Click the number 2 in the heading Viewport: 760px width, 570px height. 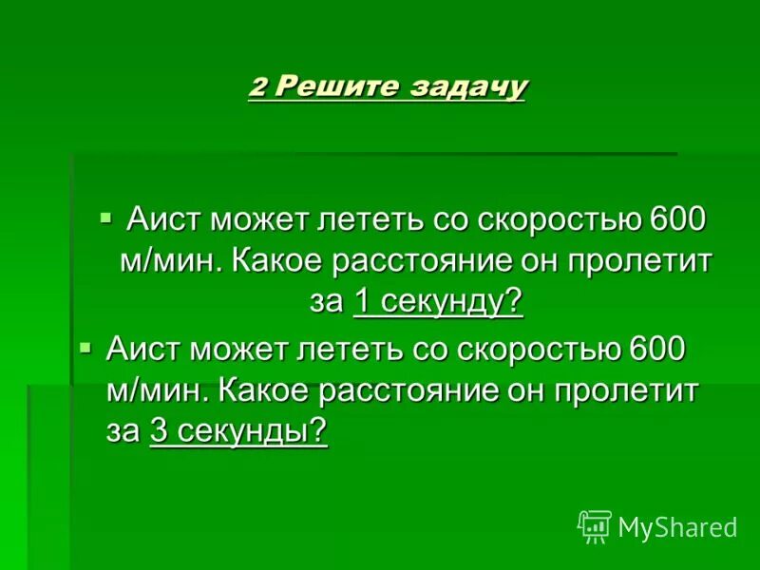(x=258, y=87)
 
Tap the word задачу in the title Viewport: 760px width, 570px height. (x=467, y=87)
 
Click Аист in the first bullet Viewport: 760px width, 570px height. (x=164, y=221)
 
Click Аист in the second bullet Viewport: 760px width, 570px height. (x=143, y=351)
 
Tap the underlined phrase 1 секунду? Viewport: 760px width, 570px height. (x=438, y=302)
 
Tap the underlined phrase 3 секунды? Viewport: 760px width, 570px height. (x=238, y=431)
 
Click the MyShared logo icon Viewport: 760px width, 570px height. (x=594, y=525)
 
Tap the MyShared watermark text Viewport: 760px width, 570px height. (x=677, y=526)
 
